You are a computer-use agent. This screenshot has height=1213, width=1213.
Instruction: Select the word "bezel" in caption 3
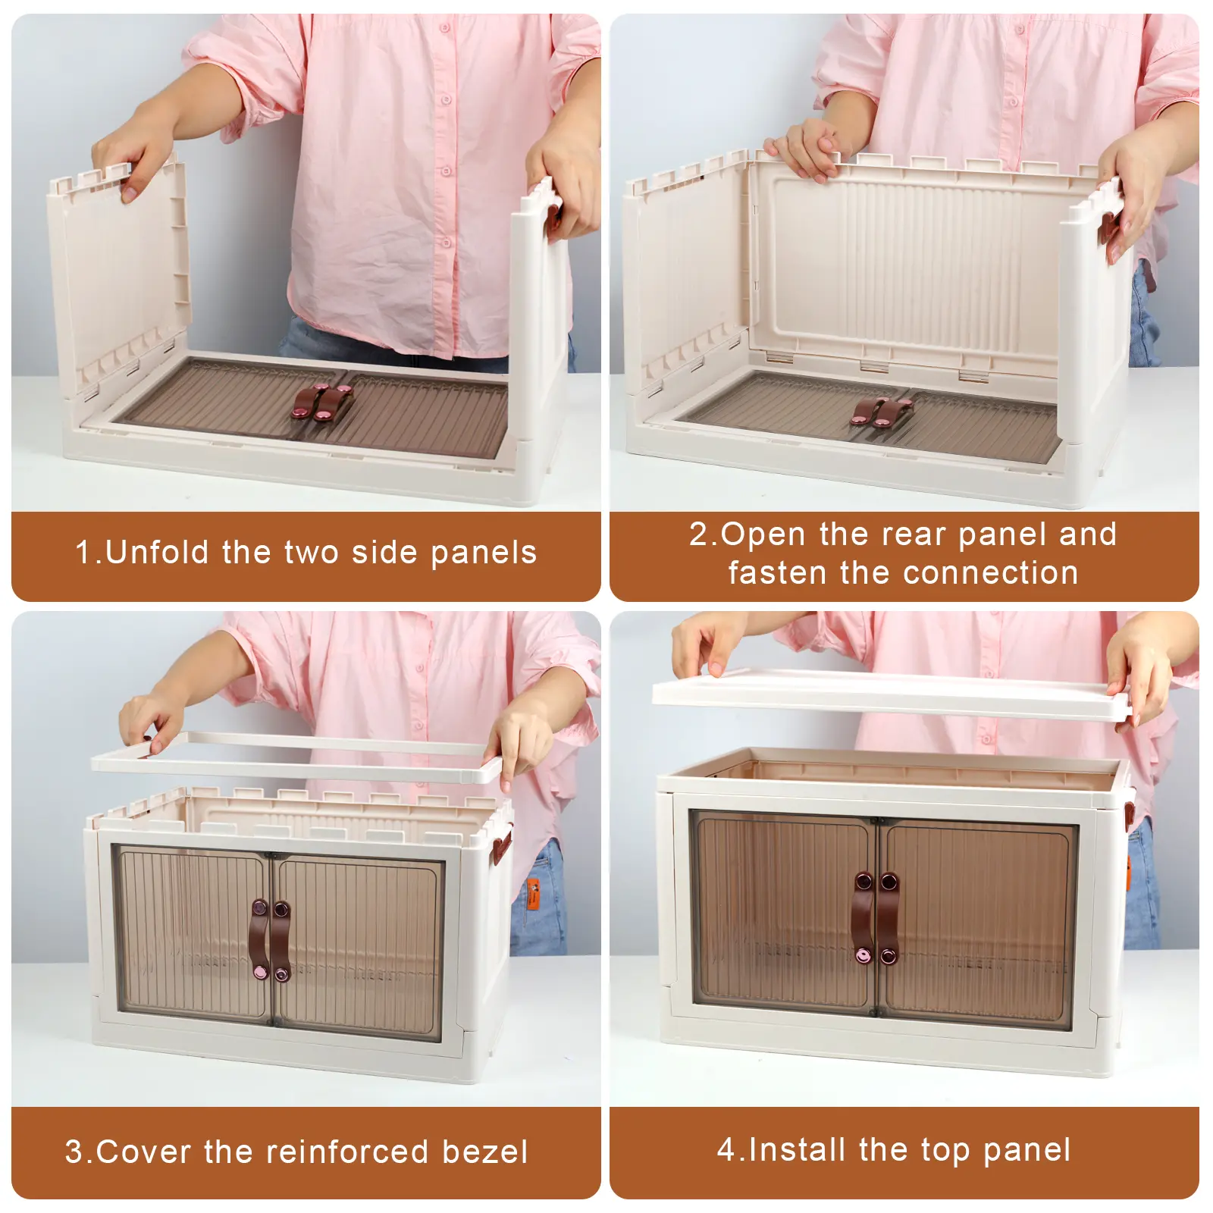tap(484, 1152)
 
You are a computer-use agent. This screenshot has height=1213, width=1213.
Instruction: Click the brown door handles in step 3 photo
tap(270, 940)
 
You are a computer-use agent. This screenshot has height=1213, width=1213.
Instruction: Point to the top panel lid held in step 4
tap(892, 695)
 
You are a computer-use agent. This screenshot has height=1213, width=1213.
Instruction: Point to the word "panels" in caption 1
tap(484, 553)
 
